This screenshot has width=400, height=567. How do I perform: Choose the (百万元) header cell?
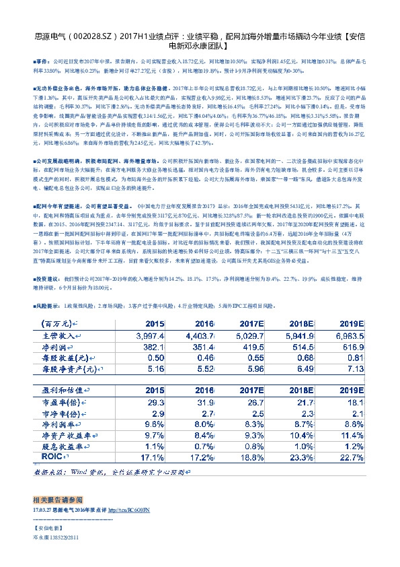coord(61,323)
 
